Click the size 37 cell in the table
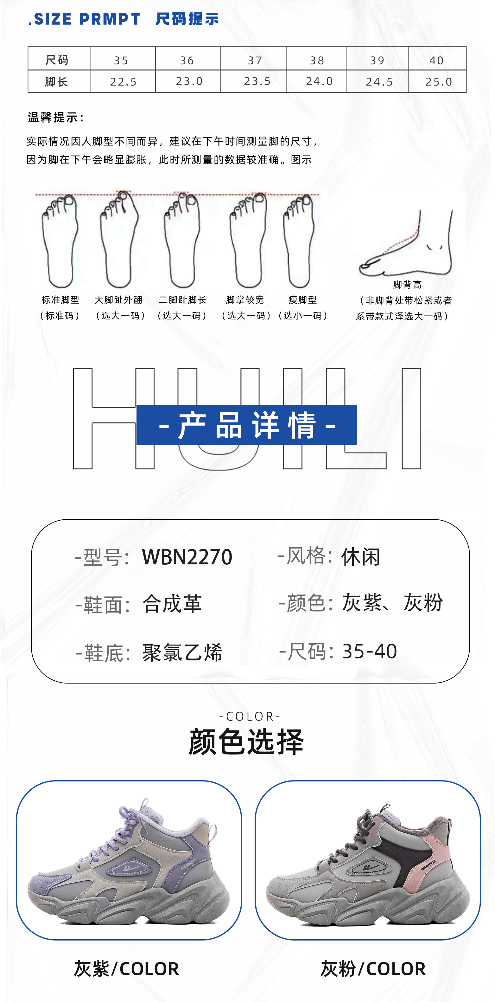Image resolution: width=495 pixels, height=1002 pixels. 255,60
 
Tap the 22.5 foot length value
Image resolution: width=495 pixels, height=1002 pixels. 123,82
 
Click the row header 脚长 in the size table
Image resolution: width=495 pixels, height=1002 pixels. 57,82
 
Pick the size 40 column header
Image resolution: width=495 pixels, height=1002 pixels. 436,60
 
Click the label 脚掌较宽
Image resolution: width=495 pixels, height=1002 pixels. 245,300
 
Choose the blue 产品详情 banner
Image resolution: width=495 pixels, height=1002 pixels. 246,425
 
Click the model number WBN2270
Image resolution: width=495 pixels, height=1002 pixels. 187,557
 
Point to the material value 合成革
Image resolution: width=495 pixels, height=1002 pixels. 172,604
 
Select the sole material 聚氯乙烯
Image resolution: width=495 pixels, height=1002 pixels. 182,652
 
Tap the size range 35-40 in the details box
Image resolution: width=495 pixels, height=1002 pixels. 369,651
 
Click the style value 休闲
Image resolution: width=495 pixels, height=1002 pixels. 360,557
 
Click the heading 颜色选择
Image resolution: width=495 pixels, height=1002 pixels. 246,742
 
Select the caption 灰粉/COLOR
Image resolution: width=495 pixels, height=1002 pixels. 373,968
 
